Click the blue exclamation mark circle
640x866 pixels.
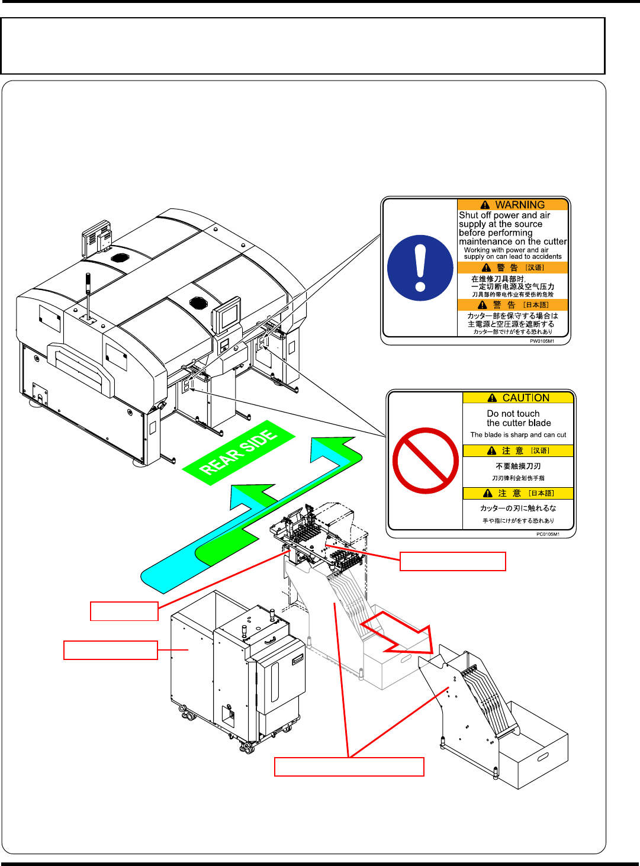point(420,268)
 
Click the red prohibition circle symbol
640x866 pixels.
point(425,460)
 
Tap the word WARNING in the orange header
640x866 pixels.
point(519,205)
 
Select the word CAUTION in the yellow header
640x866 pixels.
point(525,398)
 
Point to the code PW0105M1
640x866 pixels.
point(541,341)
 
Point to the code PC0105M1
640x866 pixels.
point(548,534)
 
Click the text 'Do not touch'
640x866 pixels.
point(513,414)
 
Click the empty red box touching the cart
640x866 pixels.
point(110,650)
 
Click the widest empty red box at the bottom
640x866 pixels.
point(349,767)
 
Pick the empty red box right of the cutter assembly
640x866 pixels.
point(453,561)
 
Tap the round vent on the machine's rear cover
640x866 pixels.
point(120,259)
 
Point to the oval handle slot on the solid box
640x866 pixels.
point(542,756)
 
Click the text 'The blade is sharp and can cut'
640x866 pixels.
point(518,434)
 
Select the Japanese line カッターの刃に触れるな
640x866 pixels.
point(518,508)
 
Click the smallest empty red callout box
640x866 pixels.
point(124,611)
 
